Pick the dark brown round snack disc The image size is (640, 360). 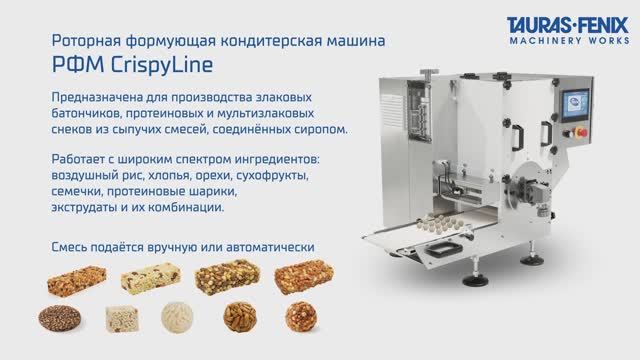click(59, 317)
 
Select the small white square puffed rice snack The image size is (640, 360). click(120, 317)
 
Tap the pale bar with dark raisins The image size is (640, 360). click(151, 277)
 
